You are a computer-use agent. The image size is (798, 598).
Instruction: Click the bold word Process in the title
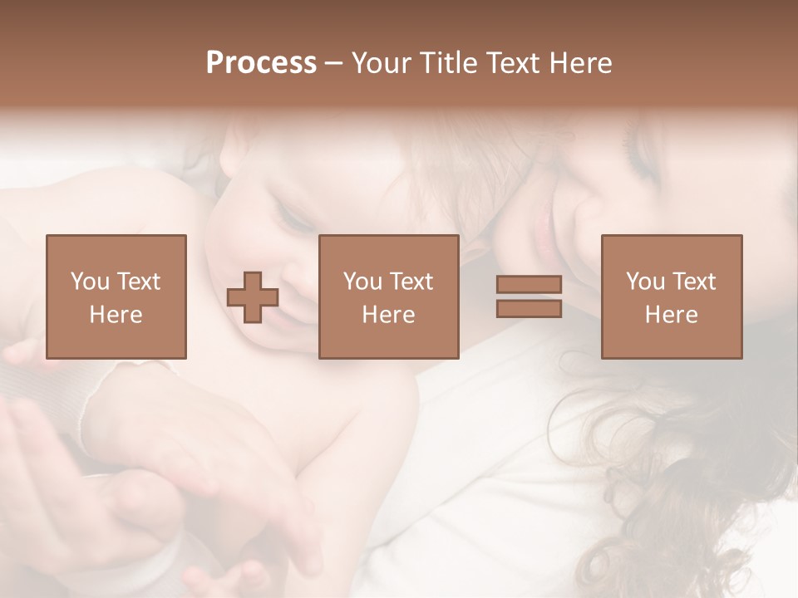click(x=261, y=63)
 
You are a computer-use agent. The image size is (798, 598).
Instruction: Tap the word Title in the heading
click(x=448, y=63)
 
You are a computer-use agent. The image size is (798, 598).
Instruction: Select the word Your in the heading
click(x=382, y=63)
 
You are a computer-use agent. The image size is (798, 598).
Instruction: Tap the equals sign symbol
click(x=529, y=297)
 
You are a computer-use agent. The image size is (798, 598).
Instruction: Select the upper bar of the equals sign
click(x=529, y=285)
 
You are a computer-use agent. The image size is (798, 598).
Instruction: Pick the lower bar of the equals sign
click(x=529, y=308)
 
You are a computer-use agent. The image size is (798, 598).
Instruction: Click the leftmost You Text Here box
click(x=116, y=297)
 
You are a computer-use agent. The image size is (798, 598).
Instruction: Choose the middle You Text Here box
click(x=388, y=297)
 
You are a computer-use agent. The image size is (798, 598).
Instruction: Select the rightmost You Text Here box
click(x=671, y=297)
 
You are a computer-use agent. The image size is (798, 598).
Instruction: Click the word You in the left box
click(x=89, y=282)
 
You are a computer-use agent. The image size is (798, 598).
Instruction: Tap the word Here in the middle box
click(x=388, y=314)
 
